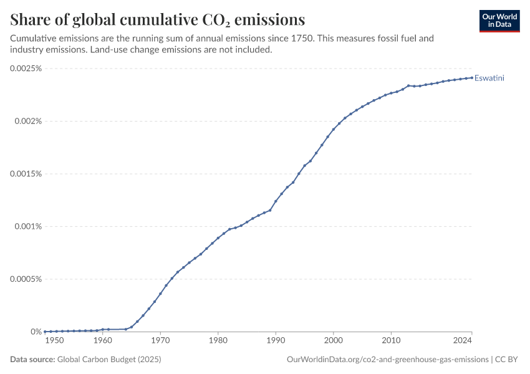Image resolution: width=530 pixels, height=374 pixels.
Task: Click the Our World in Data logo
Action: tap(499, 21)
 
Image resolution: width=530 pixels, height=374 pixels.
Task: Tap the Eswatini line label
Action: tap(489, 78)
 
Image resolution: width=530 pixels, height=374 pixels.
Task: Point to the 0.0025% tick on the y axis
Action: tap(26, 69)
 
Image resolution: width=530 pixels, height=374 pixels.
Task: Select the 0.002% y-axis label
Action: tap(29, 121)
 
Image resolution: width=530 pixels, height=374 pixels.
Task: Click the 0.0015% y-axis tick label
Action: tap(26, 174)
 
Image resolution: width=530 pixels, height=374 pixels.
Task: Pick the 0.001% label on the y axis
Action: tap(29, 226)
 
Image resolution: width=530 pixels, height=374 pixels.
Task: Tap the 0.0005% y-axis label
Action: tap(26, 279)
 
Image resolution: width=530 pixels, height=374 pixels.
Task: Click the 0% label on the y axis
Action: tap(36, 332)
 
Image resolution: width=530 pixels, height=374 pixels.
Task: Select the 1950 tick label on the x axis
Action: tap(54, 340)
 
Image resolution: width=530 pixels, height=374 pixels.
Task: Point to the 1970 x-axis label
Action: tap(160, 340)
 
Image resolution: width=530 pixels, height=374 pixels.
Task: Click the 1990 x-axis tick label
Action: tap(276, 340)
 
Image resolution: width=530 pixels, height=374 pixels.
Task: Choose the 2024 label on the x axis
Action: tap(463, 340)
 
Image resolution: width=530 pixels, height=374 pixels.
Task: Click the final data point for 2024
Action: tap(472, 78)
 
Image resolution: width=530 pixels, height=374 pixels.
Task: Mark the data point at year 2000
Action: tap(334, 130)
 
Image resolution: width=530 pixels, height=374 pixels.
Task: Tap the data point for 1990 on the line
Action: tap(276, 201)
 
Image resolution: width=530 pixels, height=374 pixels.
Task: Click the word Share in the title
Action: tap(30, 19)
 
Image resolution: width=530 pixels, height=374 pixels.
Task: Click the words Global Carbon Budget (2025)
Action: tap(109, 359)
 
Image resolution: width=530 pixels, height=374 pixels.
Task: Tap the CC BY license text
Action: tap(506, 359)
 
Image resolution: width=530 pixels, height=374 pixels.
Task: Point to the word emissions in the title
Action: tap(270, 19)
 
